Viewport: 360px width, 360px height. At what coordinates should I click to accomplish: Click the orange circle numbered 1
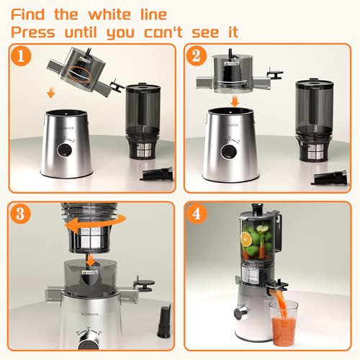tap(21, 56)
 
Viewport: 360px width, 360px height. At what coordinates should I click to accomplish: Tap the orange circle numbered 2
tap(197, 56)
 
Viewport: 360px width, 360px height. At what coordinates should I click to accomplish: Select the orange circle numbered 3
tap(20, 214)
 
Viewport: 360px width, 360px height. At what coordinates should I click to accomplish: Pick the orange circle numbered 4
tap(197, 214)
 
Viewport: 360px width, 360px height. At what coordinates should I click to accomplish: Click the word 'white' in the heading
tap(109, 14)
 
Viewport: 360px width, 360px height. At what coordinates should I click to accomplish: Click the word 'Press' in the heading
tap(33, 32)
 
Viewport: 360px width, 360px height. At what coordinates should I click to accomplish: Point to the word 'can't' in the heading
tap(163, 32)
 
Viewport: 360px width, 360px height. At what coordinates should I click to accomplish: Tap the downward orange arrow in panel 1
tap(51, 93)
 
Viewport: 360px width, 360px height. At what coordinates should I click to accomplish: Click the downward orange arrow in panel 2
tap(235, 102)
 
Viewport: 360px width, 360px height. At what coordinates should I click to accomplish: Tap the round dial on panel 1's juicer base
tap(65, 150)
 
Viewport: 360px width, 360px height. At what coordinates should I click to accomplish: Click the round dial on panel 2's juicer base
tap(229, 151)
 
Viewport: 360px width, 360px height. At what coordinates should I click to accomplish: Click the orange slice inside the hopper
tap(246, 238)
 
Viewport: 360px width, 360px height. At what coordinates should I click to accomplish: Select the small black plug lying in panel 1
tap(157, 174)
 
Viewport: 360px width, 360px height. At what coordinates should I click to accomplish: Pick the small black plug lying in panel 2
tap(330, 178)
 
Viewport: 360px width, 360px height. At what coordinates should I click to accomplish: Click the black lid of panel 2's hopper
tap(315, 84)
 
